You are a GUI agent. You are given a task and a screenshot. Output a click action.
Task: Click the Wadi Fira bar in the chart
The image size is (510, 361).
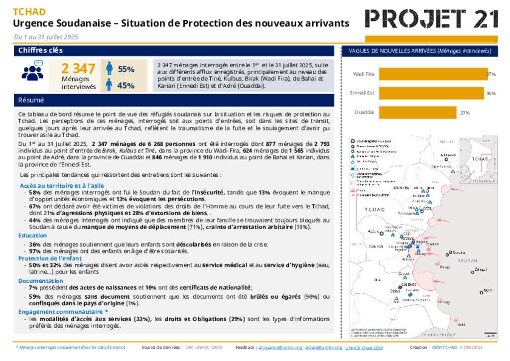coord(432,74)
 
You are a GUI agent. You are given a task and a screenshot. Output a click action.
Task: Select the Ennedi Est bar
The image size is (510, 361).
coord(431,93)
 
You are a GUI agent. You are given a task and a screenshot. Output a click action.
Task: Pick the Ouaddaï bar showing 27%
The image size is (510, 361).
coord(417,113)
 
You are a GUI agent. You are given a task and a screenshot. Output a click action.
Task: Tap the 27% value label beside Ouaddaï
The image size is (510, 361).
coord(465,113)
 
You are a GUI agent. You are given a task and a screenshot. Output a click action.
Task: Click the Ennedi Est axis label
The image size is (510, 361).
coord(363,93)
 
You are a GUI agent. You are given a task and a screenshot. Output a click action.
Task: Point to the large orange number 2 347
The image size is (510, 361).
coord(78,68)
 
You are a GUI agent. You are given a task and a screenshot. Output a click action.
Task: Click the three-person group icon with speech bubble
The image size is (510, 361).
coord(32,71)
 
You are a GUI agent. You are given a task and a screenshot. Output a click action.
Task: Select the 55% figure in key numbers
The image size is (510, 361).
coord(126,69)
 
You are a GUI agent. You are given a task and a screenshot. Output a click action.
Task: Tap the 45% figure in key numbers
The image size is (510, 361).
coord(126,86)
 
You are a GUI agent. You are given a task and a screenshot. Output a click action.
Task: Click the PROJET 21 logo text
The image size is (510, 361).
coord(431,19)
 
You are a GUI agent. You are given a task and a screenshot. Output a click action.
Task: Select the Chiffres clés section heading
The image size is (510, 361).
coord(40,50)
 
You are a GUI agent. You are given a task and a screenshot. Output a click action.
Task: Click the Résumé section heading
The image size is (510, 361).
coord(31,100)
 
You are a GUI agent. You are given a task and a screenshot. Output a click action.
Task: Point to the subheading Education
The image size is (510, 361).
coord(33,236)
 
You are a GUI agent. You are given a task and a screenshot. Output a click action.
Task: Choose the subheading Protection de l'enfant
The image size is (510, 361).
coord(50,258)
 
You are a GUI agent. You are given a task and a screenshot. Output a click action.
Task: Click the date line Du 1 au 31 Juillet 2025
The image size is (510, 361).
coord(46,37)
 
